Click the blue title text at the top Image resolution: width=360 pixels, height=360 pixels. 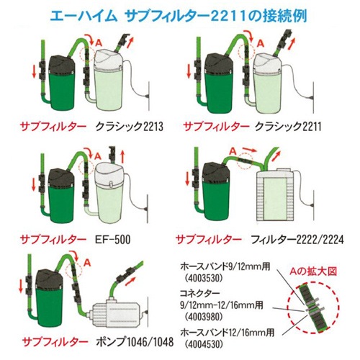coord(179,17)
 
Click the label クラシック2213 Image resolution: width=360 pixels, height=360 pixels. coord(130,127)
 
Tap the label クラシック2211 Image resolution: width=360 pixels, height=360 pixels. coord(288,127)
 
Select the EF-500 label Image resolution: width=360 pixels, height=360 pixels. coord(112,239)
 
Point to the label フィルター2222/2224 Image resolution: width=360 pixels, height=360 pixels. coord(297,239)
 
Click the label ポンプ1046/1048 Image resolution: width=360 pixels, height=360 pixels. coord(135,342)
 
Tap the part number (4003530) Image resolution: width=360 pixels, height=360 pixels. coord(204,278)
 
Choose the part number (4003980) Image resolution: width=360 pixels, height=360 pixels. coord(204,317)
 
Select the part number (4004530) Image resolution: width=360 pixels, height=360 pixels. coord(204,344)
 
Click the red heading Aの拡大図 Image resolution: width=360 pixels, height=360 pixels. coord(313,271)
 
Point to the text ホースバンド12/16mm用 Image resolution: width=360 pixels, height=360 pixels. coord(227,333)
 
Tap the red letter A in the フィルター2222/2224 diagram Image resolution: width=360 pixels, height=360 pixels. coord(233,151)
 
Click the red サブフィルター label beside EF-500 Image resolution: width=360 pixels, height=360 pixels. coord(53,239)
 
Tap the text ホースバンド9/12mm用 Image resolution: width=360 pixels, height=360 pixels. coord(225,266)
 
